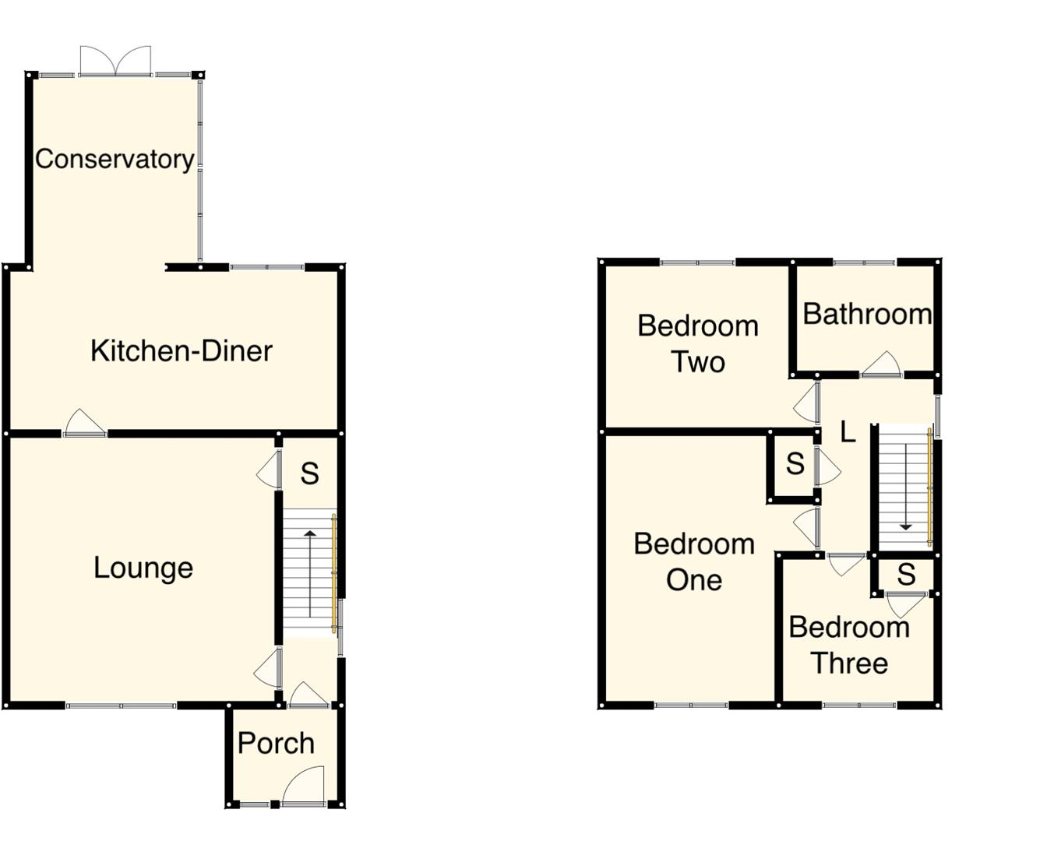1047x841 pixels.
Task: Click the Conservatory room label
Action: click(x=115, y=159)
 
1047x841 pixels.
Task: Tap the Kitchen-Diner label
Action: click(x=181, y=351)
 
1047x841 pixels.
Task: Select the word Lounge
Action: click(x=143, y=568)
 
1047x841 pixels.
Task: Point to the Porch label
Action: click(x=276, y=744)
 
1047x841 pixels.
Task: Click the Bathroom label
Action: click(x=866, y=314)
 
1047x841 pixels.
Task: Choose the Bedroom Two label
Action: click(x=697, y=343)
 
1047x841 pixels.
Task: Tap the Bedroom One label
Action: click(x=693, y=561)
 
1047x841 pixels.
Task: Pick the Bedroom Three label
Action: click(x=848, y=645)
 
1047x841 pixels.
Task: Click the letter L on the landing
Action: click(x=848, y=431)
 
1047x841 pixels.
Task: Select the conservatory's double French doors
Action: click(x=115, y=62)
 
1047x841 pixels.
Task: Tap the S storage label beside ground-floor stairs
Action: click(x=309, y=473)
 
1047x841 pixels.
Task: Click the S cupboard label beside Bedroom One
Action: click(x=795, y=464)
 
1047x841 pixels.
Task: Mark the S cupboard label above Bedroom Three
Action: click(x=905, y=575)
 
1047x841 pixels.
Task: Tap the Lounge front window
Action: click(x=121, y=706)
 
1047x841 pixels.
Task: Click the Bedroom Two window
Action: click(x=697, y=262)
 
